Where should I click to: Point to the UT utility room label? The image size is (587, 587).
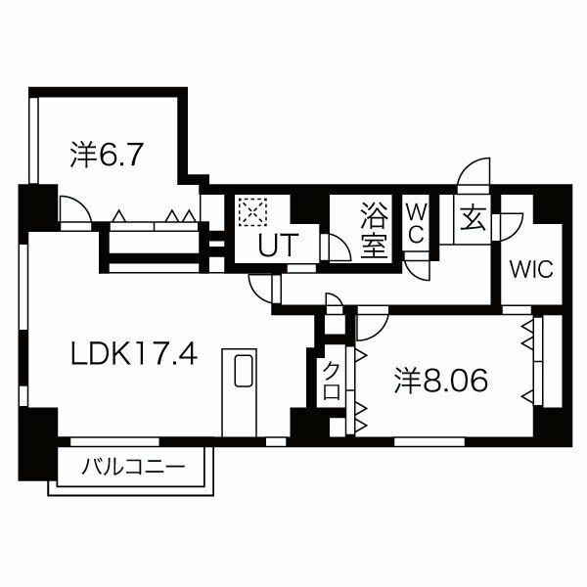tap(276, 246)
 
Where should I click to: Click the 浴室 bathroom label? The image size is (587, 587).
tap(373, 229)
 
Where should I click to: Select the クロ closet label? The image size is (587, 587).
tap(332, 380)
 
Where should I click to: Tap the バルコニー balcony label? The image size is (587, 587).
tap(132, 466)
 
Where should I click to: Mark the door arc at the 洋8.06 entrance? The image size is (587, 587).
tap(373, 322)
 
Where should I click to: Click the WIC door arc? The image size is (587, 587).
tap(511, 226)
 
